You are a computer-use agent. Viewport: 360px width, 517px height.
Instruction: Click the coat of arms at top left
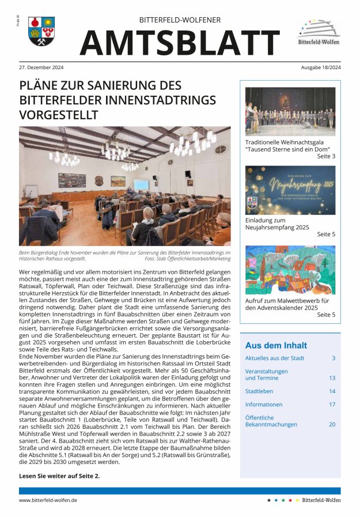(41, 31)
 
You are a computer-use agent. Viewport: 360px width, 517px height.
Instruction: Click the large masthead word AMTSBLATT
(180, 43)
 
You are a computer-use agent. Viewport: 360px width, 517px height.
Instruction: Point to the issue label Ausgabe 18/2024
(320, 67)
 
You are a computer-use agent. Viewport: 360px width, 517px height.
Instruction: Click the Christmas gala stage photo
(290, 111)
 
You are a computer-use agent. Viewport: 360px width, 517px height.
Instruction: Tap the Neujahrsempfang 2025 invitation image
(290, 190)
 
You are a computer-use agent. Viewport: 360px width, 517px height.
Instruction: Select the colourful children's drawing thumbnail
(290, 270)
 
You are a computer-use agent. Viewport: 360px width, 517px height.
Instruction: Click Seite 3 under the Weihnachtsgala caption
(326, 156)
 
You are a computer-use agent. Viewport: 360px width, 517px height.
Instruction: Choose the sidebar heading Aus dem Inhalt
(276, 345)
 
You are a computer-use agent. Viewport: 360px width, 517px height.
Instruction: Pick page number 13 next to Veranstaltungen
(332, 378)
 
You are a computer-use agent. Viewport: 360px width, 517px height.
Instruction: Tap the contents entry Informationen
(264, 405)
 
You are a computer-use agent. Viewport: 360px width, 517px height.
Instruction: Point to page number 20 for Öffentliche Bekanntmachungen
(332, 424)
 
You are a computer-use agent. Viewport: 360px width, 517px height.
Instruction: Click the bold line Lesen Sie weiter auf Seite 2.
(59, 476)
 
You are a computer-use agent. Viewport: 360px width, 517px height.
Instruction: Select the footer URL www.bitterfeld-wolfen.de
(48, 500)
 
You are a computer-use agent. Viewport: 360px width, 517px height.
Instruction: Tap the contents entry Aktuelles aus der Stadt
(275, 358)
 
